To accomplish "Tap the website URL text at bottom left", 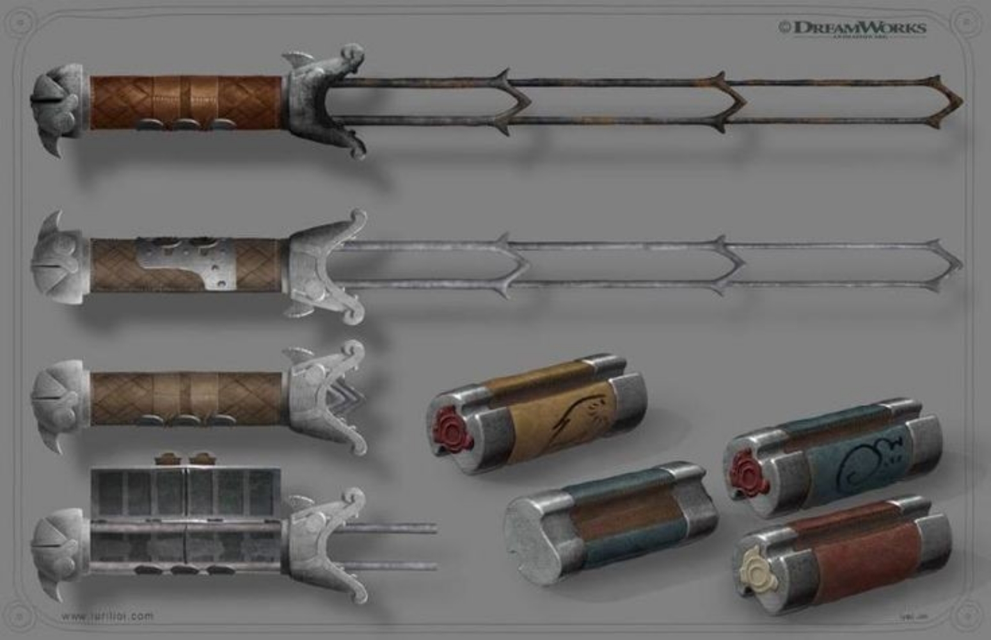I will (107, 616).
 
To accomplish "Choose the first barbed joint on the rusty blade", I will (512, 101).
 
